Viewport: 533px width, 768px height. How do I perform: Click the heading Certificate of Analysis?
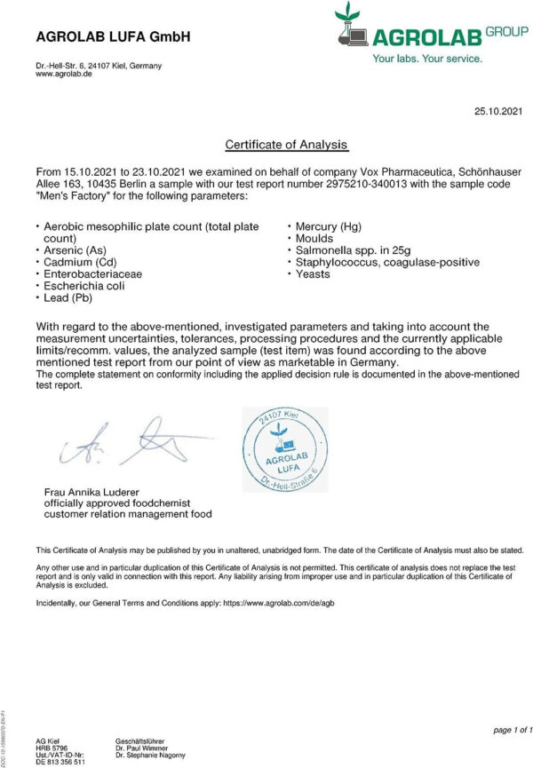(286, 144)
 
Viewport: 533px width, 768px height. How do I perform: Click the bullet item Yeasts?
(312, 274)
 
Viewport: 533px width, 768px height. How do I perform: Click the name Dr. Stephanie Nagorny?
(151, 755)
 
